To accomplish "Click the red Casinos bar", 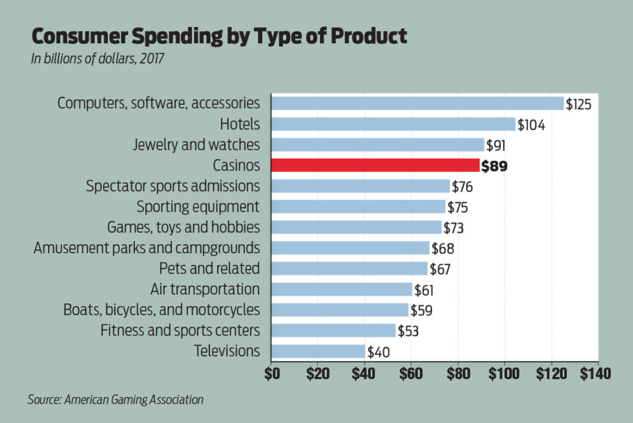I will pyautogui.click(x=375, y=165).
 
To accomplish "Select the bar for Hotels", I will pyautogui.click(x=393, y=124).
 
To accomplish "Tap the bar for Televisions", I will pyautogui.click(x=318, y=351).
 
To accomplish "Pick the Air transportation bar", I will pyautogui.click(x=342, y=289).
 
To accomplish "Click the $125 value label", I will pyautogui.click(x=578, y=105).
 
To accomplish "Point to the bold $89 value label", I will pyautogui.click(x=494, y=166).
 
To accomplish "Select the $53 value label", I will pyautogui.click(x=407, y=331).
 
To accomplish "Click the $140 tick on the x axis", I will pyautogui.click(x=595, y=375).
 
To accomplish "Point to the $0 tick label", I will pyautogui.click(x=272, y=375).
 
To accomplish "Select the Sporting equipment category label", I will pyautogui.click(x=198, y=206).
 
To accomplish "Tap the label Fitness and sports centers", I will pyautogui.click(x=180, y=330).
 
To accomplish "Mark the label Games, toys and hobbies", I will pyautogui.click(x=184, y=227).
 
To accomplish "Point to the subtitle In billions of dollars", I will pyautogui.click(x=97, y=58).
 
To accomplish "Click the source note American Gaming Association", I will pyautogui.click(x=116, y=399).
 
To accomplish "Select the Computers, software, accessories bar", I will pyautogui.click(x=418, y=103).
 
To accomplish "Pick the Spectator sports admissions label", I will pyautogui.click(x=173, y=186).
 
